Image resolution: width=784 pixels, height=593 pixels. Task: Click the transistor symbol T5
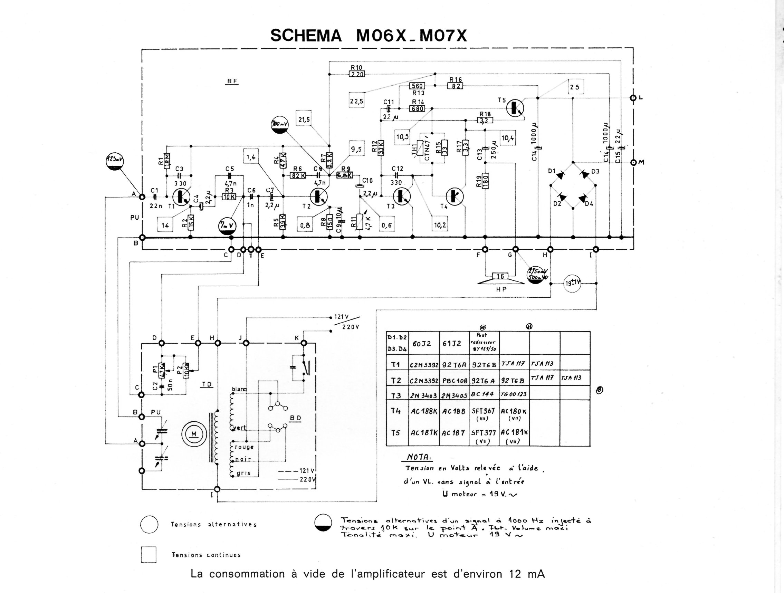(x=515, y=108)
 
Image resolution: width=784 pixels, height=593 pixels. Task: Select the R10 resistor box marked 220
(x=356, y=74)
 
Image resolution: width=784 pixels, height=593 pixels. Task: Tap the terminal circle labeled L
(x=633, y=98)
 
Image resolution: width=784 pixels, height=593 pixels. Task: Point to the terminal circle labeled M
(x=633, y=162)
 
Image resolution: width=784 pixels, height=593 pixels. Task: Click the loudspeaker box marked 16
(x=500, y=276)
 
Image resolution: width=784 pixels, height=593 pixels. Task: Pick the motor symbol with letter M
(x=193, y=434)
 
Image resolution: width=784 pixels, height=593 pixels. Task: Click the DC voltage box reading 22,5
(x=356, y=102)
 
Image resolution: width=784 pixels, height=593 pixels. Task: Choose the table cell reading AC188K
(x=423, y=412)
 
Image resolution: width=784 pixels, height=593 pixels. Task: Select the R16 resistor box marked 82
(x=455, y=86)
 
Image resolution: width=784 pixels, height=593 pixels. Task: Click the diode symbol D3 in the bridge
(x=584, y=174)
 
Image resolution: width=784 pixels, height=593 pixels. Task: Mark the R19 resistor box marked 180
(x=485, y=180)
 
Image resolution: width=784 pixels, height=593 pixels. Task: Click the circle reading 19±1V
(x=572, y=284)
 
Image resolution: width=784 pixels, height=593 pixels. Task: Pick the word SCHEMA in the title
(x=306, y=36)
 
